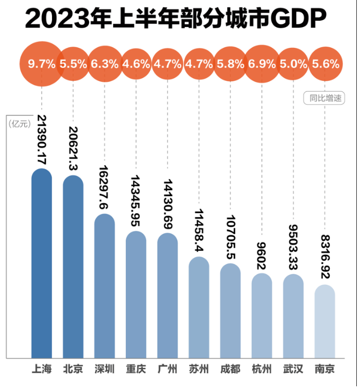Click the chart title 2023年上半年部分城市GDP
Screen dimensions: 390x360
[175, 20]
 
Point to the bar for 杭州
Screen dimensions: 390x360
[262, 316]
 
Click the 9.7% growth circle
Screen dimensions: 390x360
[41, 64]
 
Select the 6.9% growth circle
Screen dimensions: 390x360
[262, 64]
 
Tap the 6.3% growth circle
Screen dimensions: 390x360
[105, 64]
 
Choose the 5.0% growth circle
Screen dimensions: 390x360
[293, 64]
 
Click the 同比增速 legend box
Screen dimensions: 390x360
[324, 98]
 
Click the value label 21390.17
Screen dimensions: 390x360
[41, 139]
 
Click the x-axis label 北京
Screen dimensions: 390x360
[73, 369]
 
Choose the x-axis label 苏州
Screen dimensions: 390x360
[199, 369]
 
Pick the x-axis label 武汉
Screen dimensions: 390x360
[293, 369]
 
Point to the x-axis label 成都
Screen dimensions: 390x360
[230, 369]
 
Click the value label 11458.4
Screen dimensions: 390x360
[199, 227]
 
